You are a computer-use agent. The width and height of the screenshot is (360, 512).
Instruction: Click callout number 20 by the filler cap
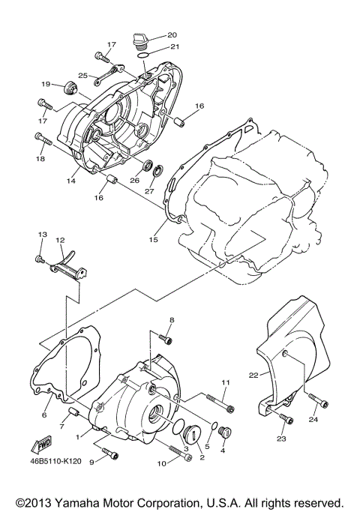(x=172, y=35)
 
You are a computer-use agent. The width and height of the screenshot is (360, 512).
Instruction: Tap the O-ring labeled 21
(x=147, y=52)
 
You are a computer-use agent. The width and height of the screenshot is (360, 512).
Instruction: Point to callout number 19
(x=46, y=84)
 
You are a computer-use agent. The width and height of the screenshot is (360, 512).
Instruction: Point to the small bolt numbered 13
(x=40, y=259)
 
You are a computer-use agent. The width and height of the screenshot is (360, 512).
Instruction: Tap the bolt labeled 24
(x=312, y=400)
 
